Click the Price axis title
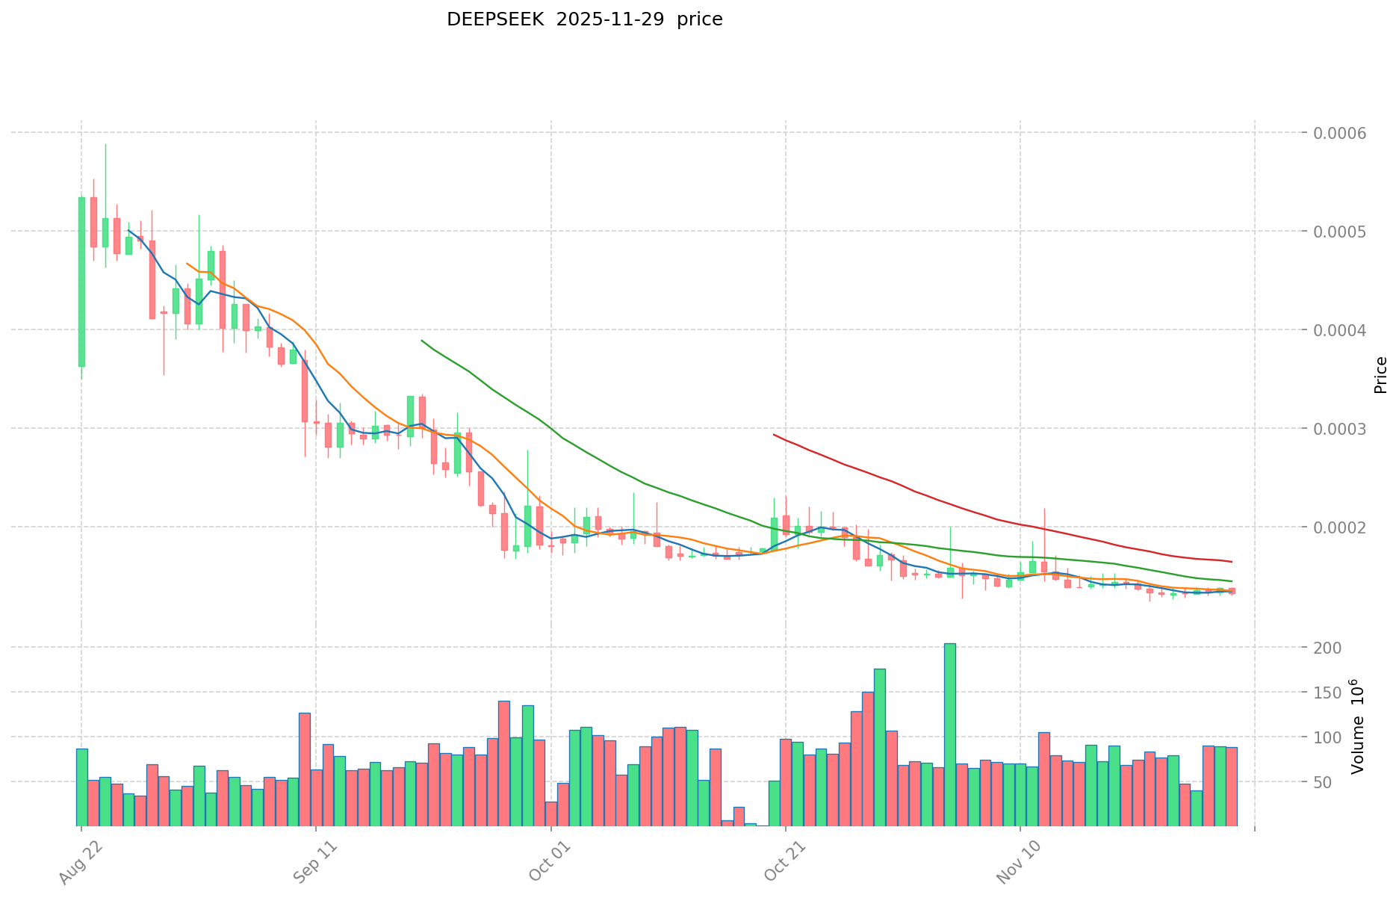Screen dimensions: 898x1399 click(x=1380, y=375)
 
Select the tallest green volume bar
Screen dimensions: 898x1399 click(x=949, y=734)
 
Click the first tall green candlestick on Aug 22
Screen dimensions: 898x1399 click(x=81, y=282)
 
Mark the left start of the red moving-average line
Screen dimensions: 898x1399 click(x=774, y=435)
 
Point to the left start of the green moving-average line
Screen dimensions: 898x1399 click(x=422, y=341)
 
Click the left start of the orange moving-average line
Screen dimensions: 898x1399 click(x=187, y=264)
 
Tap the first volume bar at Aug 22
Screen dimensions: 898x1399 click(x=81, y=787)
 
